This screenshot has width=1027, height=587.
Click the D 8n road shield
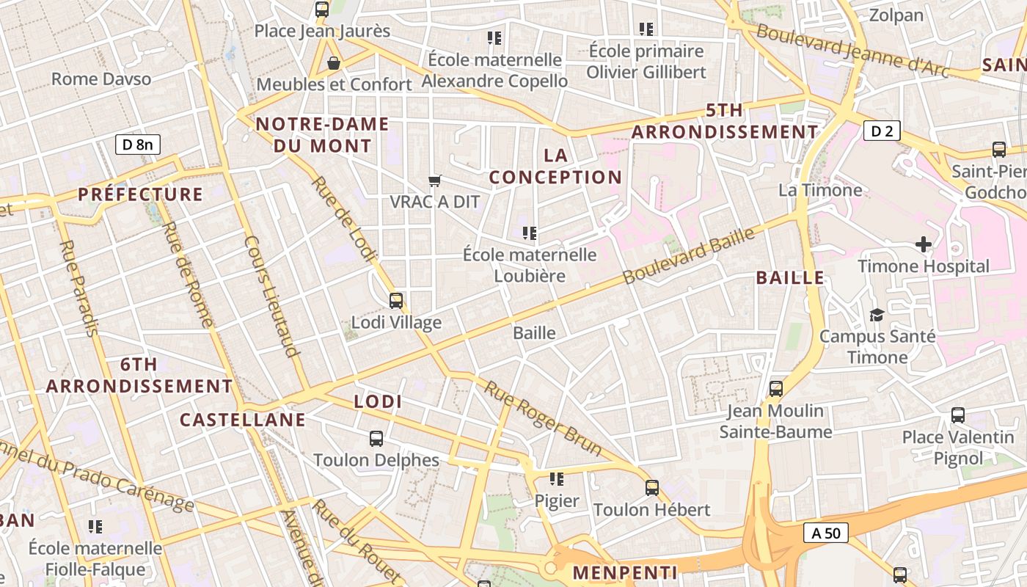pyautogui.click(x=138, y=145)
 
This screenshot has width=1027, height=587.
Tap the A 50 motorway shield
pyautogui.click(x=826, y=533)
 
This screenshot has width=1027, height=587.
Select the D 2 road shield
pyautogui.click(x=881, y=131)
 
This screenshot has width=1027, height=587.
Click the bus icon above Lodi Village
pyautogui.click(x=396, y=300)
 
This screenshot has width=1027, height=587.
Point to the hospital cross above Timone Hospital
pyautogui.click(x=924, y=244)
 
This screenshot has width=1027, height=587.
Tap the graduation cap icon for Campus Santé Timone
pyautogui.click(x=877, y=315)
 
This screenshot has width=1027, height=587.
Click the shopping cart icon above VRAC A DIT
pyautogui.click(x=435, y=180)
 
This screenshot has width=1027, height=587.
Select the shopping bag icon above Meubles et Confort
pyautogui.click(x=334, y=63)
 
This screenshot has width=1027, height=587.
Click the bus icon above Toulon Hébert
pyautogui.click(x=651, y=487)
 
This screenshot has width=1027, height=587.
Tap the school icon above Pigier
pyautogui.click(x=557, y=479)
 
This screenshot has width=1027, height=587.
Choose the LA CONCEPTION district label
pyautogui.click(x=555, y=166)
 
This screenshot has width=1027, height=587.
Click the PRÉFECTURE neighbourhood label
pyautogui.click(x=140, y=194)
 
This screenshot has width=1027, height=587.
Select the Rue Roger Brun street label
pyautogui.click(x=544, y=418)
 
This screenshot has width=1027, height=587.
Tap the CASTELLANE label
pyautogui.click(x=242, y=420)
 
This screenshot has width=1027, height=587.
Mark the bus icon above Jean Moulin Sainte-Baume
pyautogui.click(x=776, y=389)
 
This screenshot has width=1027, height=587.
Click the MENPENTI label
pyautogui.click(x=625, y=572)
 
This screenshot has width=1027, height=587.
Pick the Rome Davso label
pyautogui.click(x=101, y=79)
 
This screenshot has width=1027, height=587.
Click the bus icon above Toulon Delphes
pyautogui.click(x=376, y=439)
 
